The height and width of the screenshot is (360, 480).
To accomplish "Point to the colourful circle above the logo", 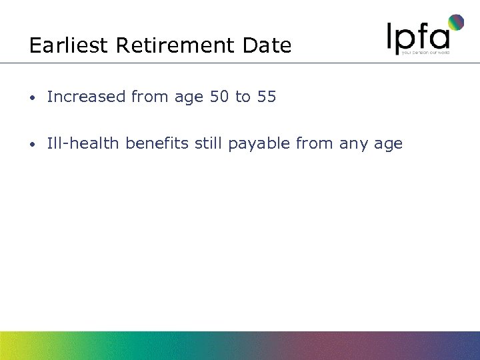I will tap(455, 23).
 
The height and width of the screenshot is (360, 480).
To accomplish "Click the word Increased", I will tap(87, 97).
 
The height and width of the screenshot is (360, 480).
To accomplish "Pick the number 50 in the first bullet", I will tap(219, 97).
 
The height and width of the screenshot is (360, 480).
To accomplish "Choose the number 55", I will tap(266, 97).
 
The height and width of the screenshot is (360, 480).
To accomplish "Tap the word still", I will tap(209, 143).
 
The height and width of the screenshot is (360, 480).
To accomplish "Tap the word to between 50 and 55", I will tap(242, 97).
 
